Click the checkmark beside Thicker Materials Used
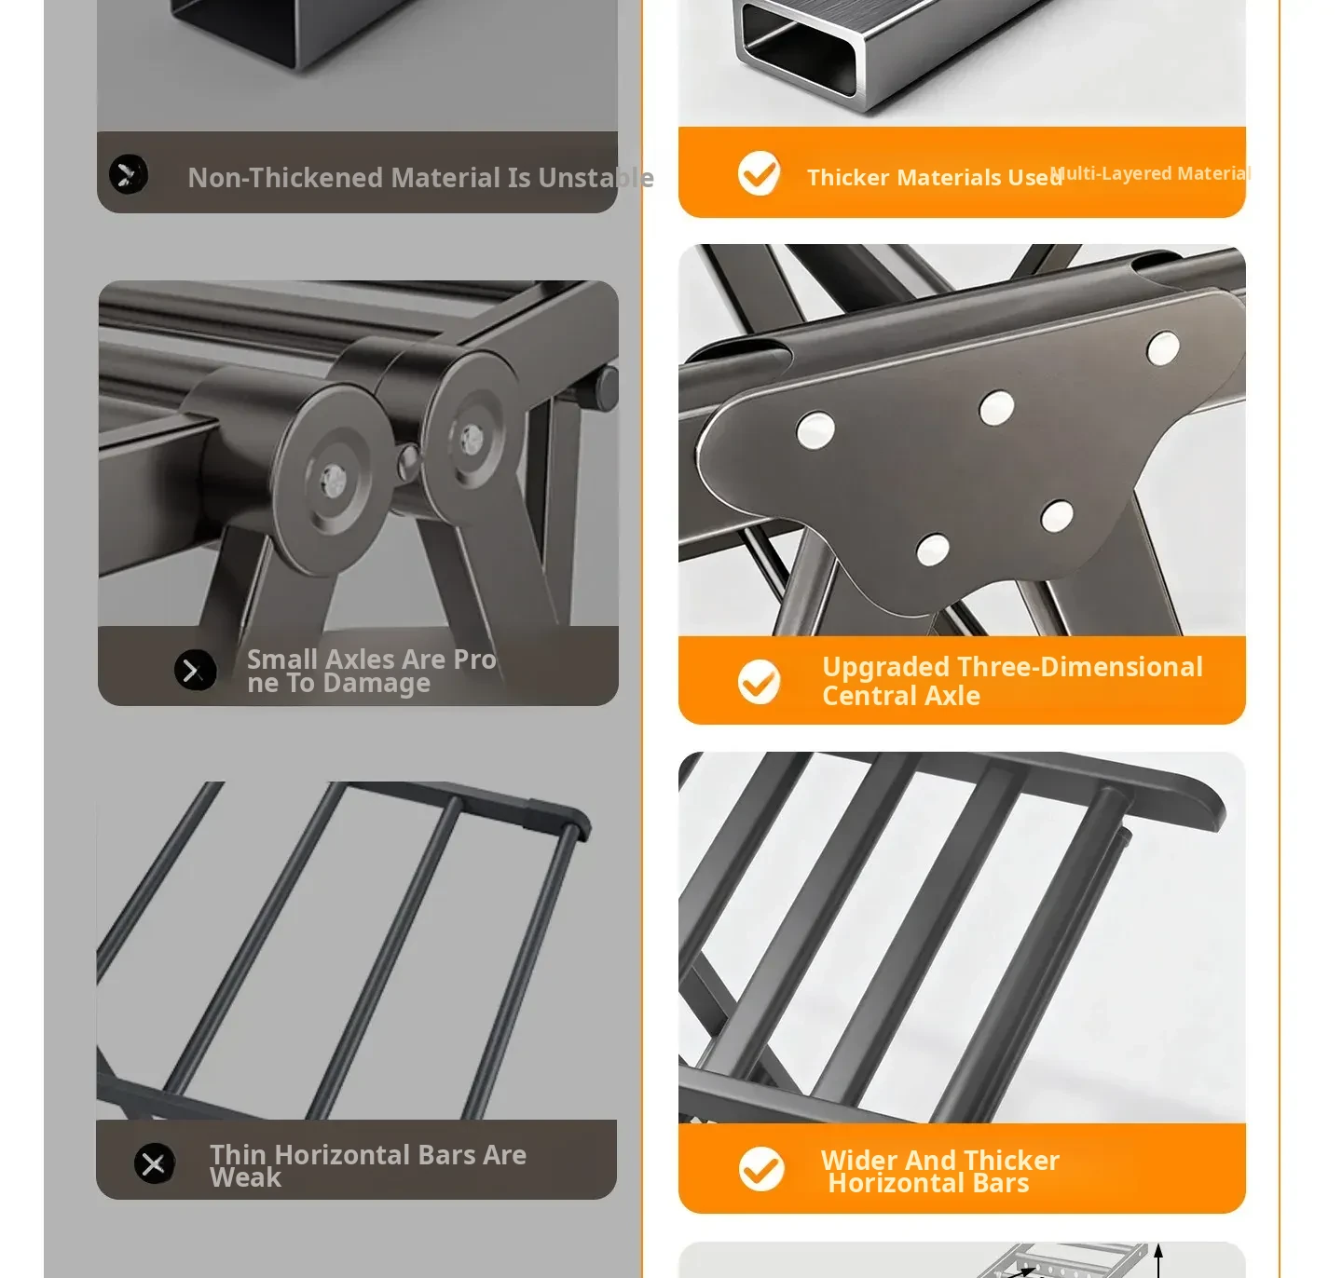pyautogui.click(x=759, y=172)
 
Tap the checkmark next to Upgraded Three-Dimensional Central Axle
pyautogui.click(x=759, y=682)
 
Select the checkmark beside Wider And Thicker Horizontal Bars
pyautogui.click(x=760, y=1169)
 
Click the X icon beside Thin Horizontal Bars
pyautogui.click(x=155, y=1163)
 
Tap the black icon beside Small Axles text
pyautogui.click(x=195, y=670)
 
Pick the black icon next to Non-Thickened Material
pyautogui.click(x=129, y=174)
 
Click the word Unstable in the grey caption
pyautogui.click(x=596, y=177)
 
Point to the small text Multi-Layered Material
pyautogui.click(x=1149, y=173)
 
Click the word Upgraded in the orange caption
pyautogui.click(x=885, y=667)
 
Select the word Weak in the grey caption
pyautogui.click(x=245, y=1177)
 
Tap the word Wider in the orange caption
pyautogui.click(x=858, y=1160)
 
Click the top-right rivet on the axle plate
pyautogui.click(x=1163, y=348)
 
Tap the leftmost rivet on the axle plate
pyautogui.click(x=815, y=429)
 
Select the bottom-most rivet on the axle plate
pyautogui.click(x=933, y=550)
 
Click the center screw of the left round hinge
pyautogui.click(x=333, y=477)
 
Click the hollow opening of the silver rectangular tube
pyautogui.click(x=799, y=49)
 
